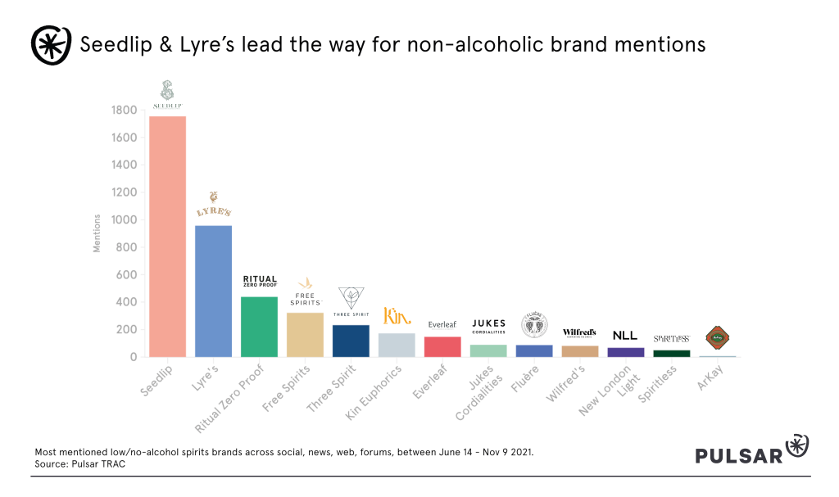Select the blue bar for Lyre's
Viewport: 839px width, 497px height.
click(x=213, y=291)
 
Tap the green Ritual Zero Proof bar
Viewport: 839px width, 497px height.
click(x=259, y=327)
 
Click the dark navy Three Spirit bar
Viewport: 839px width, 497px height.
click(x=351, y=341)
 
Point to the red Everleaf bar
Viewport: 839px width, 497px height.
click(x=442, y=346)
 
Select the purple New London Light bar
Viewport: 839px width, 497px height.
click(x=626, y=352)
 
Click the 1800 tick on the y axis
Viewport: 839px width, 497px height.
click(x=124, y=111)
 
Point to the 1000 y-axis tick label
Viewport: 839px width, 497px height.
click(x=124, y=220)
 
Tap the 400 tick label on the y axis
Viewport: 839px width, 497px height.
click(x=127, y=302)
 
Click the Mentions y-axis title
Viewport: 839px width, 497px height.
click(x=97, y=233)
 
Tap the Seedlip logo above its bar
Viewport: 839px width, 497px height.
click(x=167, y=96)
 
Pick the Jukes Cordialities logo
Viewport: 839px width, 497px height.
click(x=488, y=326)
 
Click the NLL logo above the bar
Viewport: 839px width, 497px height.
click(x=625, y=336)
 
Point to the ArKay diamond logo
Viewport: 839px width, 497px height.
click(x=717, y=337)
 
